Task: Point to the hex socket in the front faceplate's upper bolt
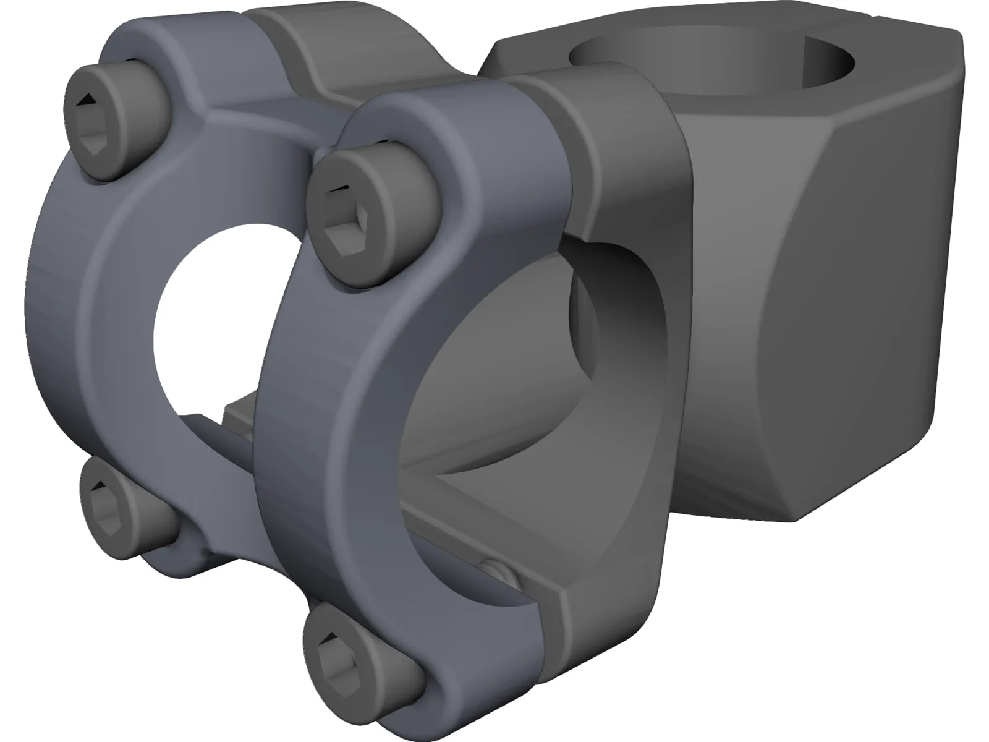pos(344,229)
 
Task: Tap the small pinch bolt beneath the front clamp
pos(498,573)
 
